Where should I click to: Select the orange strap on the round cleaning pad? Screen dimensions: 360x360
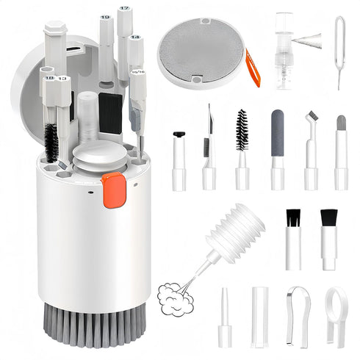click(253, 67)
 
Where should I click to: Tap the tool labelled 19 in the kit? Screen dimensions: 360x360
click(107, 44)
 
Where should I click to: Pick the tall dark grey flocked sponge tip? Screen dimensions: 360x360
click(277, 136)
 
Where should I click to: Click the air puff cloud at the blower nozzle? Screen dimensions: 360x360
click(174, 299)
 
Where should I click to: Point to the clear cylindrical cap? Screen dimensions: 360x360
click(259, 317)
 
